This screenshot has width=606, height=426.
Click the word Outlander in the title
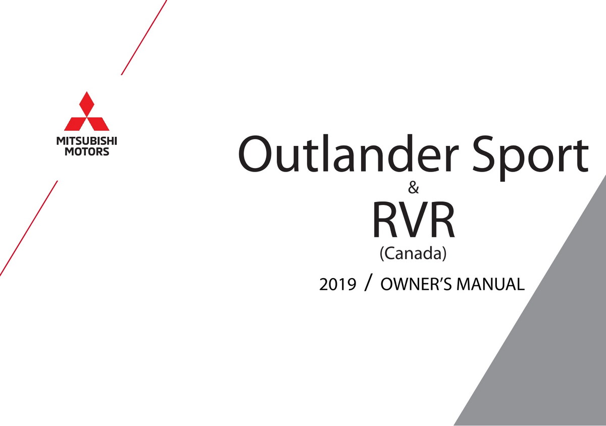(x=348, y=153)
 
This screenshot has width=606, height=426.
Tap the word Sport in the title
(x=531, y=158)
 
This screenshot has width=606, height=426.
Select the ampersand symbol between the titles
(x=414, y=188)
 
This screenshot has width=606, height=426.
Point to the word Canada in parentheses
(x=413, y=253)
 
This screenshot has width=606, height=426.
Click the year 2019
(x=338, y=285)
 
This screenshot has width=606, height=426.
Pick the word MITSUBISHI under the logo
(x=86, y=141)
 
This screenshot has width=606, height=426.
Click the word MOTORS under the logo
(x=87, y=151)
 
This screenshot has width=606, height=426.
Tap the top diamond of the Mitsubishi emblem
(x=86, y=104)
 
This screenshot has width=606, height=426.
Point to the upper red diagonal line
(x=144, y=37)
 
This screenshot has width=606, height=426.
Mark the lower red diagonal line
(x=29, y=228)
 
